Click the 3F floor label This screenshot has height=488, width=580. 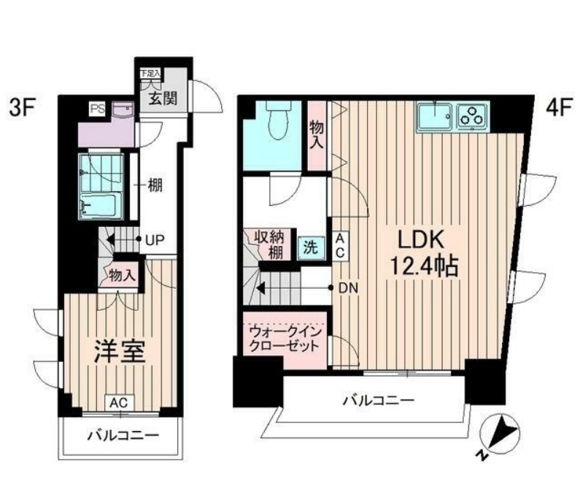coord(21,109)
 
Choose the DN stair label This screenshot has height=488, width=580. coord(348,287)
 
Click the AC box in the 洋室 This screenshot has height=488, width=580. coord(120,402)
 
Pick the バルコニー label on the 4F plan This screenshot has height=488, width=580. coord(378,400)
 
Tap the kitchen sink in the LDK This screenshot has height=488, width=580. coord(436,116)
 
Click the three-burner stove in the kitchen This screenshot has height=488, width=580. coord(472,116)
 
